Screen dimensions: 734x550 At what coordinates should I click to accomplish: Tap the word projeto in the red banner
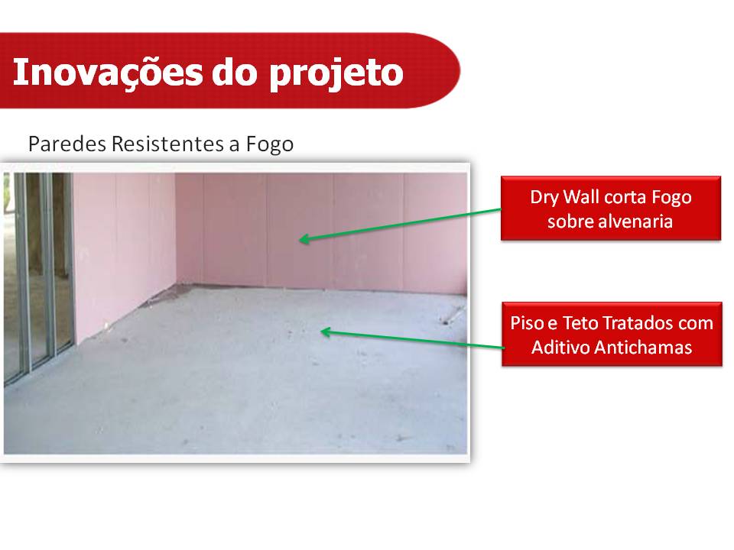[x=336, y=74]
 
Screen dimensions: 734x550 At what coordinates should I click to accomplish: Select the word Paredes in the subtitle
[x=67, y=144]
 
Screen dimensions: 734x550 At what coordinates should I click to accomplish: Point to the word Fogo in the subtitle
[x=270, y=144]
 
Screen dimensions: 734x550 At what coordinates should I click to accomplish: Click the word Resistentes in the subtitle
[x=167, y=144]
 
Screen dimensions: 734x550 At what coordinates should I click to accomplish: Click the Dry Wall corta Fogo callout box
[x=611, y=208]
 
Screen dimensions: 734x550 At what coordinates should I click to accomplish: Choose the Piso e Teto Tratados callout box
[x=612, y=334]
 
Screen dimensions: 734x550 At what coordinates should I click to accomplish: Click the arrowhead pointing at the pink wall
[x=304, y=239]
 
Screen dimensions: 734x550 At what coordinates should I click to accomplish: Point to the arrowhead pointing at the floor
[x=325, y=332]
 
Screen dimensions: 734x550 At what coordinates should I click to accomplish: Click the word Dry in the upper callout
[x=544, y=197]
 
